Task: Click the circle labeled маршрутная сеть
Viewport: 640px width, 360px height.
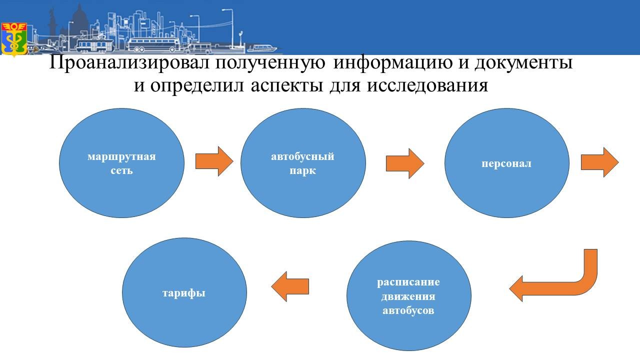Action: click(x=121, y=163)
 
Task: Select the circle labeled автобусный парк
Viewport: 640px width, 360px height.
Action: click(x=303, y=163)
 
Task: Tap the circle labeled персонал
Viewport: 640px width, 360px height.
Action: click(x=506, y=163)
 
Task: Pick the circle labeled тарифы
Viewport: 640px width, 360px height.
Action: click(x=184, y=292)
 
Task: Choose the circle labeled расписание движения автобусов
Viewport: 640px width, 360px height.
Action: click(x=408, y=296)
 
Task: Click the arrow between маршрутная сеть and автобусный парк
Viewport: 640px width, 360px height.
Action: click(x=214, y=161)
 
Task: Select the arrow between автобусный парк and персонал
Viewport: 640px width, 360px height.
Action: click(x=405, y=163)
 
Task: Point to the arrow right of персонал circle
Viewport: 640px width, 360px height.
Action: click(x=599, y=162)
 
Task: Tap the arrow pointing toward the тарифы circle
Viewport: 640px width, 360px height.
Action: click(x=289, y=286)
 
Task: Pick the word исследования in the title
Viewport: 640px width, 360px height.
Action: click(x=427, y=85)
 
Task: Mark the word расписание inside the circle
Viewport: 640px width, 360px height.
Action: click(x=408, y=282)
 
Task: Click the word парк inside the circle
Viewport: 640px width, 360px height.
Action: click(x=302, y=170)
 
